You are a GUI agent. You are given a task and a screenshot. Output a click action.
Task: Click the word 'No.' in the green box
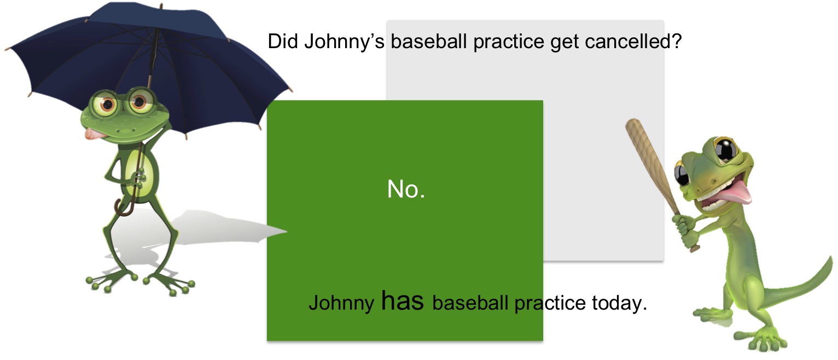tap(406, 189)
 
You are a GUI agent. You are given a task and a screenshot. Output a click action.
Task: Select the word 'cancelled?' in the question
tap(633, 41)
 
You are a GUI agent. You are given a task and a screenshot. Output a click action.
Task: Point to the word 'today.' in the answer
tap(620, 303)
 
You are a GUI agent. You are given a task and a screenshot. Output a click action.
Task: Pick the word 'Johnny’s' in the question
tap(344, 42)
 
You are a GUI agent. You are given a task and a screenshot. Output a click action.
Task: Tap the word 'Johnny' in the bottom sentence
tap(341, 303)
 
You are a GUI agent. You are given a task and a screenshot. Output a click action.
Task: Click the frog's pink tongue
tap(92, 134)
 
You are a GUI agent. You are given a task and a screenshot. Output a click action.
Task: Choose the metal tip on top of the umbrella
tap(161, 7)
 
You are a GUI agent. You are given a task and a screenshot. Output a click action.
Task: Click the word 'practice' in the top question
tap(509, 42)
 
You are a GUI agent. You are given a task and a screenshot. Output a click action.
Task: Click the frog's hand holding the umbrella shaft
tap(138, 178)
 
